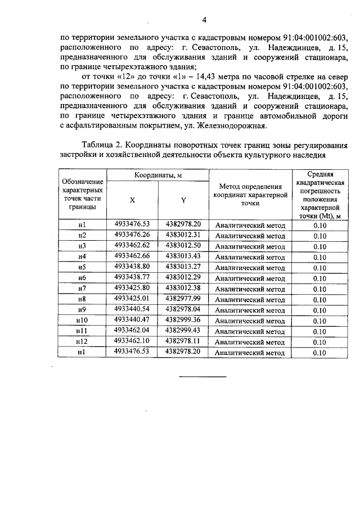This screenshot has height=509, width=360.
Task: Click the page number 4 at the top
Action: pos(204,20)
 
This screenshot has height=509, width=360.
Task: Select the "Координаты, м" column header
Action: pos(157,175)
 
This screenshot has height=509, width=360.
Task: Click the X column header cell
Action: pos(132,200)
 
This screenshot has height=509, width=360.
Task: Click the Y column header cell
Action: pos(183,200)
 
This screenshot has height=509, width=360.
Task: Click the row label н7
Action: pos(82,289)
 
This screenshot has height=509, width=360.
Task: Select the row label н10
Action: pos(82,321)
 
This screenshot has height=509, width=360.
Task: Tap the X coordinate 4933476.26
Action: pos(132,235)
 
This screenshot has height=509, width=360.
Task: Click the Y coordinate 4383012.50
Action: pos(183,245)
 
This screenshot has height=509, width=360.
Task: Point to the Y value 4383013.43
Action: pos(183,256)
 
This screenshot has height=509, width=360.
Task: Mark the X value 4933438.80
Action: pos(132,267)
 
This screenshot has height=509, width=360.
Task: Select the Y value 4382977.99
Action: pos(183,298)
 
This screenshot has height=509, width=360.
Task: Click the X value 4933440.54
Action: pos(132,309)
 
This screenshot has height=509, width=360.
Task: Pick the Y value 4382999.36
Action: pos(183,319)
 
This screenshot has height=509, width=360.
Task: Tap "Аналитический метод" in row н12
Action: pos(250,342)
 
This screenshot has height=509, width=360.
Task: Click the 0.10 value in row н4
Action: pos(319,257)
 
